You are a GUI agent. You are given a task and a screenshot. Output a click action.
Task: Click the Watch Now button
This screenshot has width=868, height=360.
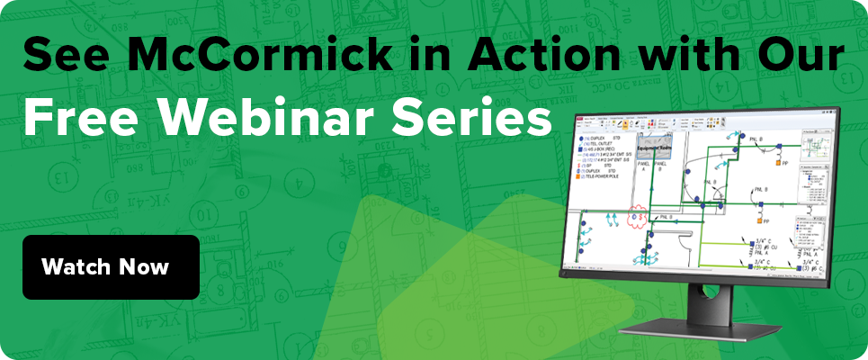(111, 267)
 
